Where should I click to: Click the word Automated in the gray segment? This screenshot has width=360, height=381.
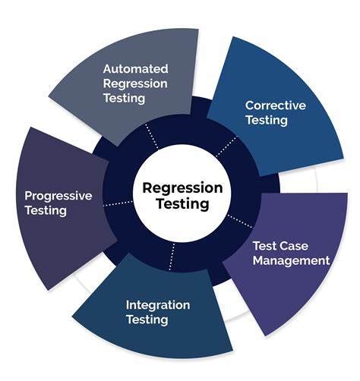click(x=136, y=68)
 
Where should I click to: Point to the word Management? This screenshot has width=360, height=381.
click(x=292, y=260)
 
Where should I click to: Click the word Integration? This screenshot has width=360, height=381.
click(x=158, y=304)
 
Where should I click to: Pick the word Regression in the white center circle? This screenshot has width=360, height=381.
click(x=182, y=187)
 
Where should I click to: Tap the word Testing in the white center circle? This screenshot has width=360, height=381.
click(x=182, y=204)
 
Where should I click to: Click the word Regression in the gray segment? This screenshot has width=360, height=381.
click(x=136, y=83)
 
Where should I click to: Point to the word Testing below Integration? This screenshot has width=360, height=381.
click(x=147, y=320)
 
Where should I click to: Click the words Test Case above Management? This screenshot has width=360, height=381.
click(x=280, y=246)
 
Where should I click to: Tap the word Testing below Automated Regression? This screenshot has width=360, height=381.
click(x=125, y=98)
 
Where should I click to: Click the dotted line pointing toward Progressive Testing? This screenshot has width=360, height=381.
click(x=115, y=204)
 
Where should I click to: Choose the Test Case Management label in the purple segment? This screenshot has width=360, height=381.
click(x=291, y=253)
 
